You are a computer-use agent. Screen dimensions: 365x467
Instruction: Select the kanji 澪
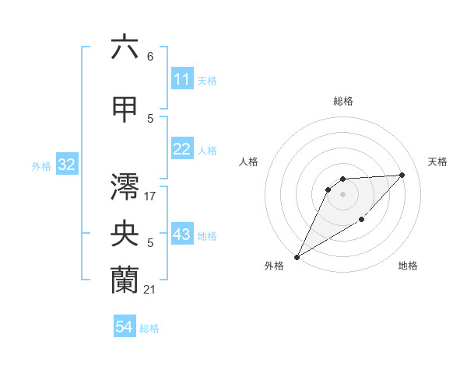pyautogui.click(x=125, y=187)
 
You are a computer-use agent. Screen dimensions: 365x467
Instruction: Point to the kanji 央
pyautogui.click(x=125, y=234)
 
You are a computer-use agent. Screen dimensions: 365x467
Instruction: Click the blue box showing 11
pyautogui.click(x=182, y=79)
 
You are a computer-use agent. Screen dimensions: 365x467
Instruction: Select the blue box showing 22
pyautogui.click(x=182, y=149)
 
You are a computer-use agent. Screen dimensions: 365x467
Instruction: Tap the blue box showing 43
pyautogui.click(x=182, y=235)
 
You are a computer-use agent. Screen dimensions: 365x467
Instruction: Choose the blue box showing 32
pyautogui.click(x=65, y=165)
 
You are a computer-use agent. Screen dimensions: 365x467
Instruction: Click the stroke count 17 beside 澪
pyautogui.click(x=150, y=196)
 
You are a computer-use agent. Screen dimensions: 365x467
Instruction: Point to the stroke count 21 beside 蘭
pyautogui.click(x=150, y=290)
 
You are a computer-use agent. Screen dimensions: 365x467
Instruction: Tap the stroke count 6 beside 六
pyautogui.click(x=150, y=57)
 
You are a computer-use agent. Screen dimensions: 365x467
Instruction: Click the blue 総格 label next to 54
pyautogui.click(x=149, y=328)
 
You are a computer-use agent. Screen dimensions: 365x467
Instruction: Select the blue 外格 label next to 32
pyautogui.click(x=41, y=165)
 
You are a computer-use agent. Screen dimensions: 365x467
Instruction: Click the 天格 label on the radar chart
pyautogui.click(x=438, y=162)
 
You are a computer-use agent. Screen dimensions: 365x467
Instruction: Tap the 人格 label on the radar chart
pyautogui.click(x=248, y=162)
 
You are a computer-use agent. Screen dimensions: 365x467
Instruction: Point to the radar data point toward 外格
pyautogui.click(x=297, y=257)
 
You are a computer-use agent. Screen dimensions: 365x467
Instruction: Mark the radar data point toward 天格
pyautogui.click(x=402, y=175)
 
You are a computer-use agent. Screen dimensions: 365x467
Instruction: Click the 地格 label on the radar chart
pyautogui.click(x=408, y=266)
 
